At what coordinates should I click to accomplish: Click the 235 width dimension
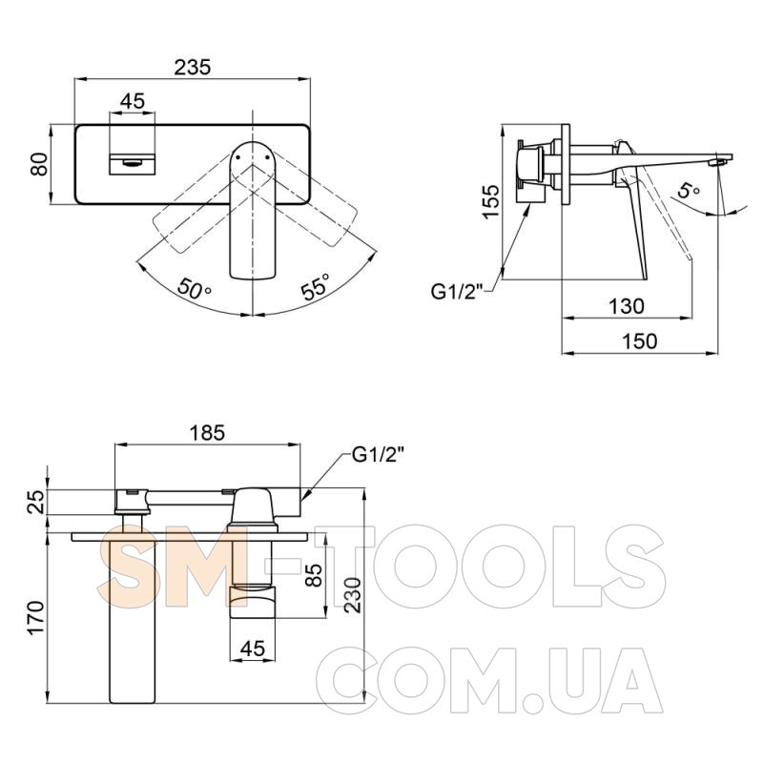point(193,67)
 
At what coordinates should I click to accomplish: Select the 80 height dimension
point(39,164)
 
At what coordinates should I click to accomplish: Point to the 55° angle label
point(316,287)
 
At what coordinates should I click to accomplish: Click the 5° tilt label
point(688,190)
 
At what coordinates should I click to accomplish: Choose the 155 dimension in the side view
point(491,201)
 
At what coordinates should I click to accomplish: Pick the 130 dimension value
point(627,306)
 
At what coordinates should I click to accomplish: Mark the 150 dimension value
point(639,341)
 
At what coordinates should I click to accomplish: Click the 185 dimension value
point(207,433)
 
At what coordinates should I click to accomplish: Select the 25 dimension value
point(36,502)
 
